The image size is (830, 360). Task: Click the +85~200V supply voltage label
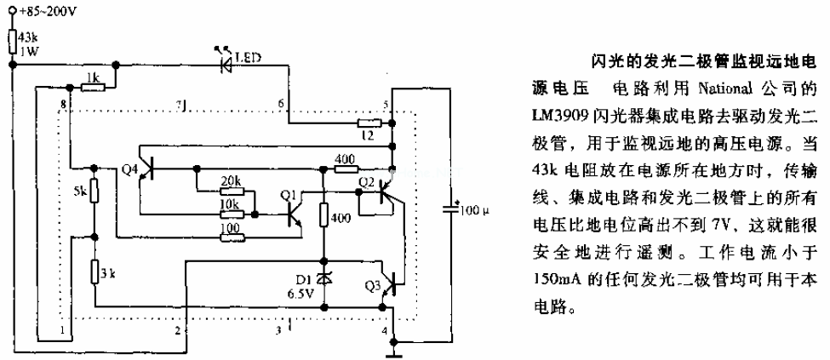pos(41,13)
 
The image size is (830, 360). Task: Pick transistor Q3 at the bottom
pos(390,283)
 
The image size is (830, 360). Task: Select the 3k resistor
pos(94,271)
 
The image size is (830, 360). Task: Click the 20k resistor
pos(232,191)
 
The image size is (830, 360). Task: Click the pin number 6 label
pos(282,103)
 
